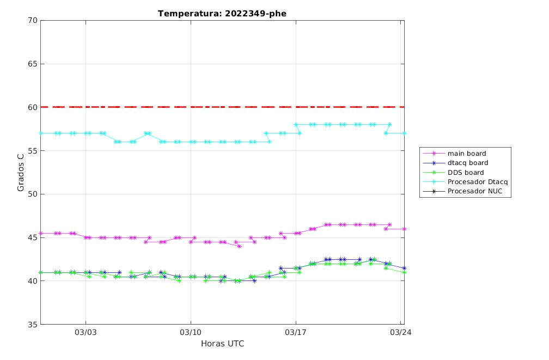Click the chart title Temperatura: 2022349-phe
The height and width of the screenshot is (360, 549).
point(222,14)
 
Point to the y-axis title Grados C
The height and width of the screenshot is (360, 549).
point(21,172)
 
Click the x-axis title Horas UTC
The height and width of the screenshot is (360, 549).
point(222,344)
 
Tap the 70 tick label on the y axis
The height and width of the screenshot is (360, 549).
point(32,20)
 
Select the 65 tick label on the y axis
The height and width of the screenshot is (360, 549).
point(32,64)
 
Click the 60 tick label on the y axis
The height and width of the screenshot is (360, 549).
point(32,107)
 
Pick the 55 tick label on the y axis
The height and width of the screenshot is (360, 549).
point(32,150)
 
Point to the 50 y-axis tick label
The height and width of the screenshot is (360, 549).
point(32,194)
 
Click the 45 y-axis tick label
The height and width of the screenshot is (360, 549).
point(32,237)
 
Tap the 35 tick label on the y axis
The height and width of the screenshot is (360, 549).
point(32,324)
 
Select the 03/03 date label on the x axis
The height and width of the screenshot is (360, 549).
point(86,332)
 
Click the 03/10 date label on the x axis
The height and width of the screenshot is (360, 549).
point(191,332)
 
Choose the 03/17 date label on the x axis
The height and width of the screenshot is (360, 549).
point(296,332)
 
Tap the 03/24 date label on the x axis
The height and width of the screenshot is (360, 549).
point(401,332)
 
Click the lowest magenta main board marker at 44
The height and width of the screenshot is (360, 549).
point(240,246)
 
